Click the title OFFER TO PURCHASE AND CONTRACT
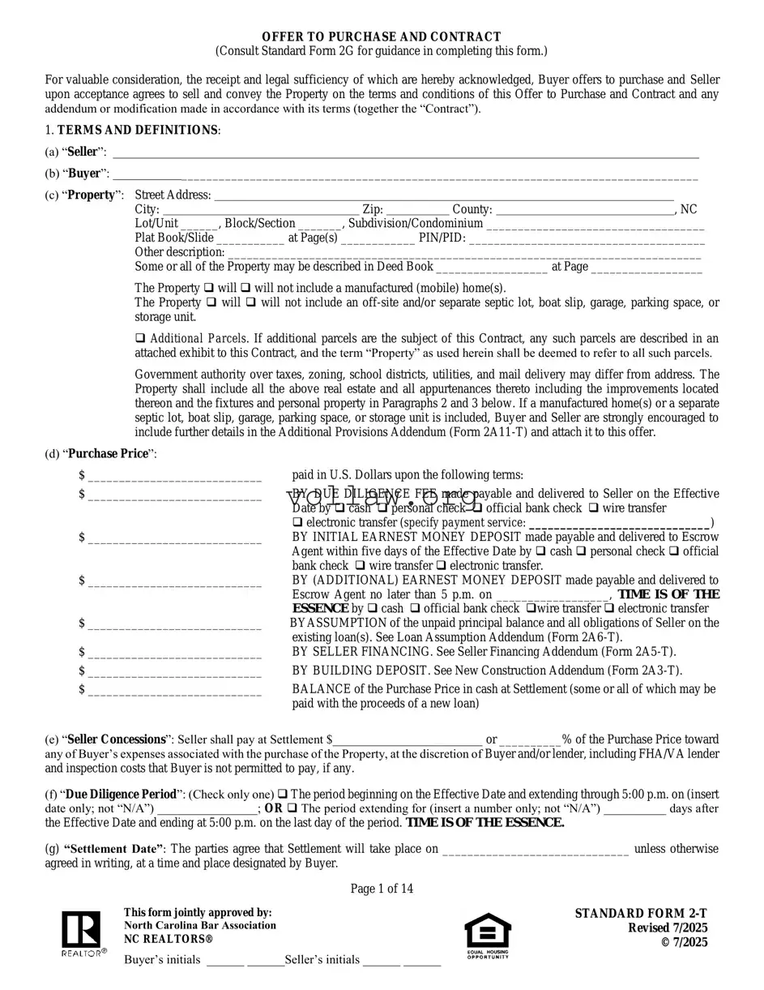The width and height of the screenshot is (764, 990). [381, 37]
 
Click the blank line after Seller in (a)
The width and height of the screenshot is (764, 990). [405, 155]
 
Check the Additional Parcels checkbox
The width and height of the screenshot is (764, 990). [140, 338]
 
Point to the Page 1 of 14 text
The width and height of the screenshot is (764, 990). [382, 889]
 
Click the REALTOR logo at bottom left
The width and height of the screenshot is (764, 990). [82, 933]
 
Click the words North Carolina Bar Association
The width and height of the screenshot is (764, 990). [199, 925]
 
